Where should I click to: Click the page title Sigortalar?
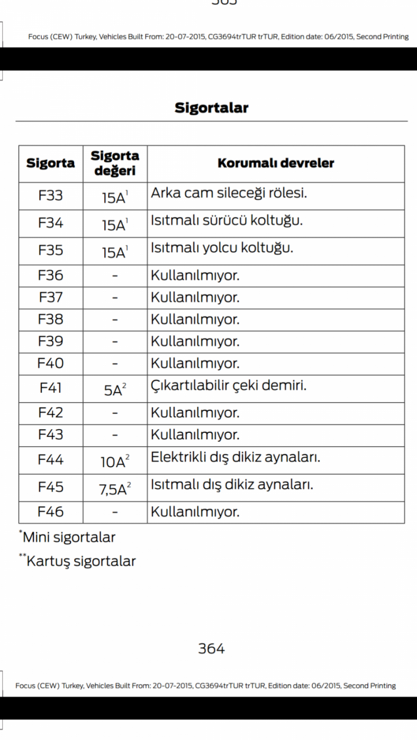point(211,108)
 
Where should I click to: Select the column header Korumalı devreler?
point(276,163)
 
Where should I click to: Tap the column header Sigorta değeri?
point(115,163)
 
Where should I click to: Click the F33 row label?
point(51,196)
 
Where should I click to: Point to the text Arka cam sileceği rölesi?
point(229,193)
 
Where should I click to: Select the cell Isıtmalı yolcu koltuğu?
point(222,247)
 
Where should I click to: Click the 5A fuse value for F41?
point(114,390)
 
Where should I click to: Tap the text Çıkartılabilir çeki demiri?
point(229,386)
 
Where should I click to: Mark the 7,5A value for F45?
point(114,489)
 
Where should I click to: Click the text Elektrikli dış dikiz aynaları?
point(236,458)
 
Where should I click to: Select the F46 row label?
point(51,512)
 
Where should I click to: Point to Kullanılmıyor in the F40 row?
point(195,364)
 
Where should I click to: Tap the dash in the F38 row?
point(115,320)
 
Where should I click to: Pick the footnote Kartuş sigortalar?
point(78,561)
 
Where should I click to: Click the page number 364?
point(211,649)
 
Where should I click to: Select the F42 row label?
point(51,412)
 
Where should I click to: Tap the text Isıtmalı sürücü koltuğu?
point(227,220)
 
